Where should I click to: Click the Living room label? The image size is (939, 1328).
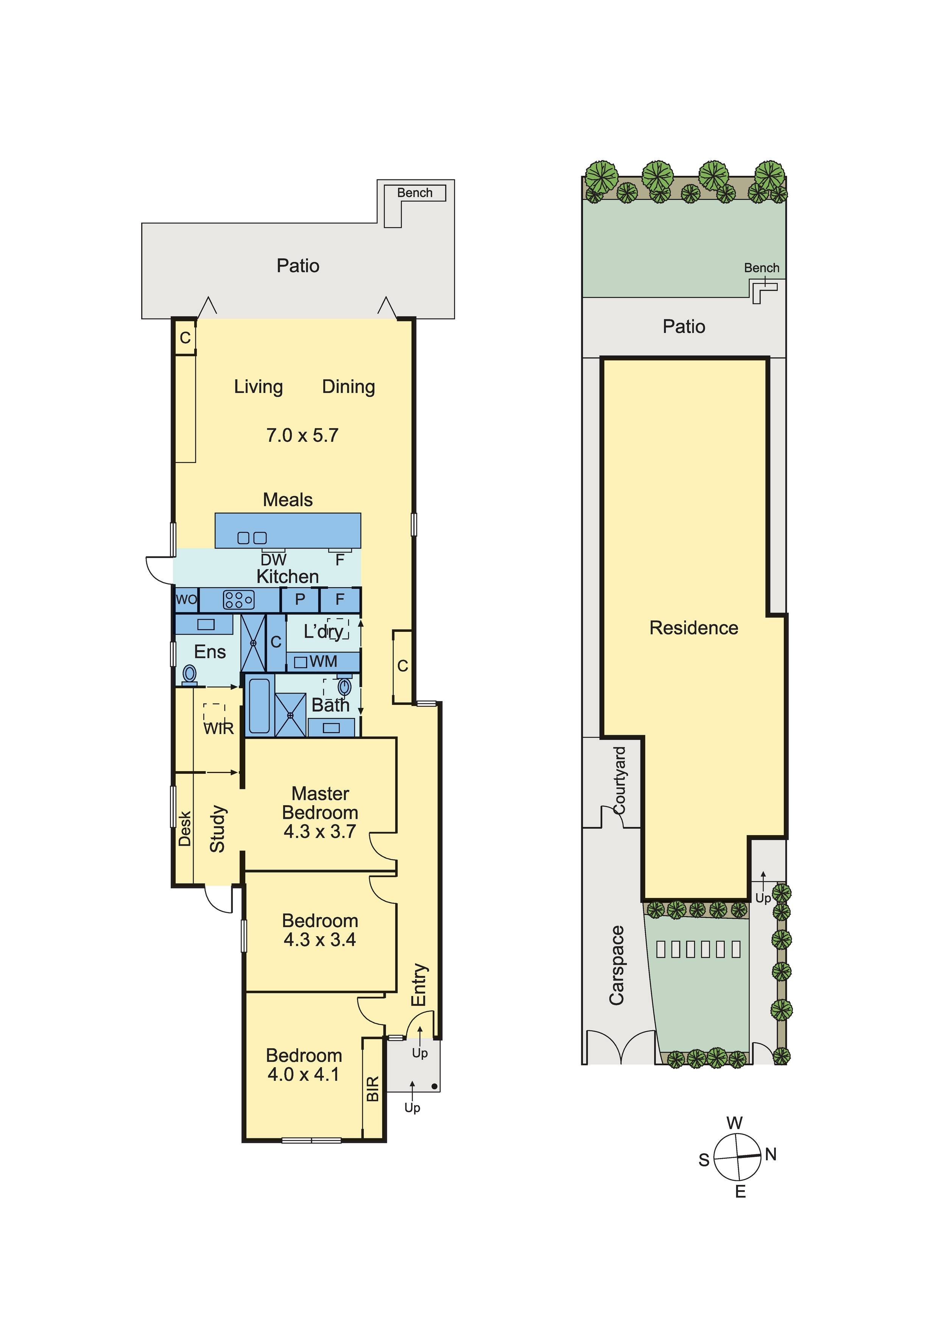[x=258, y=387]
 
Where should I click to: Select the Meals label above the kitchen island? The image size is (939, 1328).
[x=288, y=500]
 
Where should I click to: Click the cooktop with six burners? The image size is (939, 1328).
[x=238, y=600]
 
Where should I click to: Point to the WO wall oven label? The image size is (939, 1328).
[x=186, y=599]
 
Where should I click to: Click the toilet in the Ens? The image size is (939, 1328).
[x=190, y=675]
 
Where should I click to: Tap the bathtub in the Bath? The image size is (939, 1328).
[x=259, y=706]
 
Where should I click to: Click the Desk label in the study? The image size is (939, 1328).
[x=184, y=829]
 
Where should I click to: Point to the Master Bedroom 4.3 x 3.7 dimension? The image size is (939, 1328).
[x=320, y=832]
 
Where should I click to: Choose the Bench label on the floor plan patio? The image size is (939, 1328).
[x=414, y=193]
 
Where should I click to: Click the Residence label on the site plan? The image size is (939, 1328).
[x=694, y=628]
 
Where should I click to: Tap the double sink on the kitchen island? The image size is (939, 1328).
[x=252, y=538]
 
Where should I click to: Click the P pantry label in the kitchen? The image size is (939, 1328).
[x=300, y=599]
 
